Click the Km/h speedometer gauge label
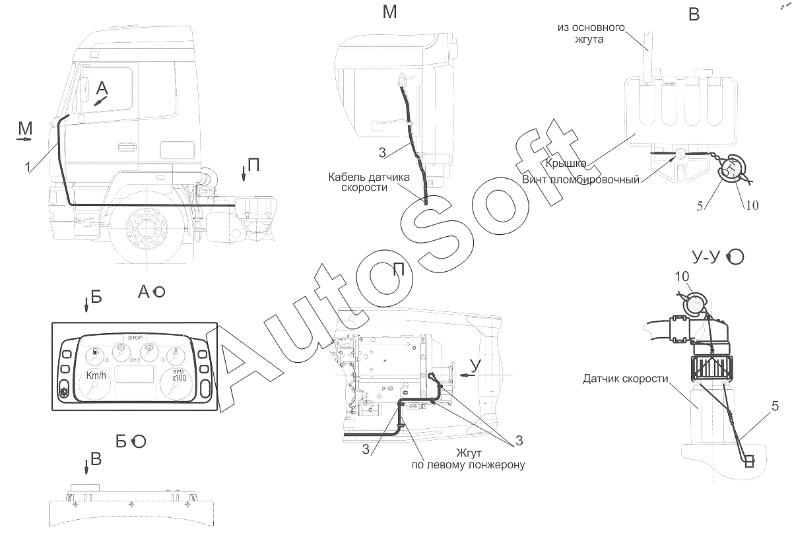96,375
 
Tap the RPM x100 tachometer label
179,375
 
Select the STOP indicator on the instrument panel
136,338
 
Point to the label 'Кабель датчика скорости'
369,182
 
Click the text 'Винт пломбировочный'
581,180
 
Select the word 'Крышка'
566,163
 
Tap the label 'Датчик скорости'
626,379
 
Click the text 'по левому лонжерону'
468,464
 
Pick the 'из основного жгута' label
591,33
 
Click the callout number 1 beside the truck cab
28,167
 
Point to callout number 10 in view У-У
682,276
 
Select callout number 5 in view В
700,206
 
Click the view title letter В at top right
694,15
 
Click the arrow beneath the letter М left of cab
24,140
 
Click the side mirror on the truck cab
85,90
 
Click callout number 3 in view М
382,152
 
